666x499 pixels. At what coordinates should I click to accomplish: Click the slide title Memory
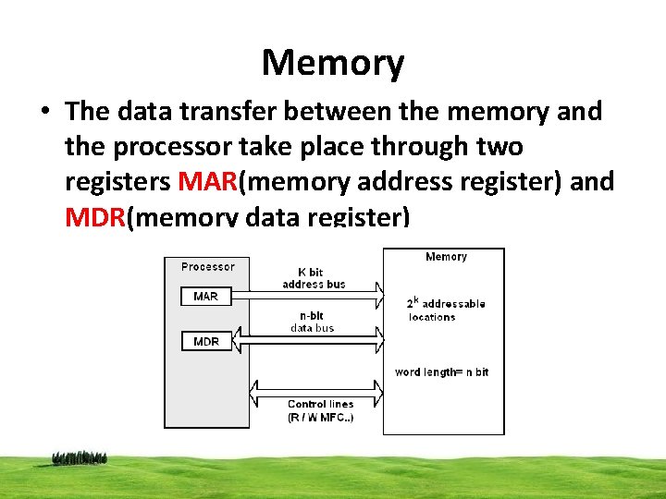(333, 64)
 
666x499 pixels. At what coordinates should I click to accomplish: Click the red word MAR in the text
(207, 182)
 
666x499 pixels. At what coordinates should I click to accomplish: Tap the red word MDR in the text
(95, 217)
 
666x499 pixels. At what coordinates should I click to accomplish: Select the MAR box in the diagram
(205, 297)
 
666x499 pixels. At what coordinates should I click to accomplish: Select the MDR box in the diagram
(205, 342)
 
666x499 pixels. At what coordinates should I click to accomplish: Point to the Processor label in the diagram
(207, 267)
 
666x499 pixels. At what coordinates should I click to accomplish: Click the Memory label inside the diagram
(446, 257)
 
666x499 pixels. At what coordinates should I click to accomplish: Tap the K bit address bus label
(314, 278)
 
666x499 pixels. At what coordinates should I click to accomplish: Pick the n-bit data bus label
(312, 322)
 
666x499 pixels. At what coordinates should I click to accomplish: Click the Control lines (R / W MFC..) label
(320, 411)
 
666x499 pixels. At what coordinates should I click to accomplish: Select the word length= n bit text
(441, 372)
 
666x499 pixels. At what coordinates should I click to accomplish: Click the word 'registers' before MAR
(117, 182)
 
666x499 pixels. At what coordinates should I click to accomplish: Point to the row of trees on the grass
(80, 457)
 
